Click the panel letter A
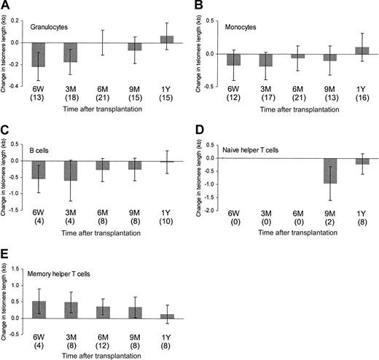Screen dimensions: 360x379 (7, 6)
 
